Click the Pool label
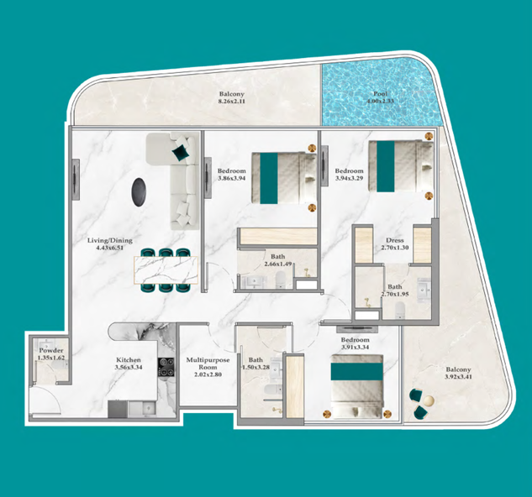380,94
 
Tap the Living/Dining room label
109,240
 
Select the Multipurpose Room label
208,364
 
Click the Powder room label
51,351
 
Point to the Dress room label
395,240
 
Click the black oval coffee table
139,192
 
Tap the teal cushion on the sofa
180,153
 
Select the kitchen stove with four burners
166,367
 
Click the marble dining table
166,270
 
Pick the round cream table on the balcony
429,401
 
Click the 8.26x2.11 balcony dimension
231,102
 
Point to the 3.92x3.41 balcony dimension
458,377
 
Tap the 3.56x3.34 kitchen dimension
129,367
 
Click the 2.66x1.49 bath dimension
278,264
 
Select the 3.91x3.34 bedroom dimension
356,348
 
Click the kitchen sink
147,408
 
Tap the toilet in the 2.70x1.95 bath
400,310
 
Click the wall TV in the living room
76,180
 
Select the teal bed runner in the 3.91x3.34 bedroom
357,372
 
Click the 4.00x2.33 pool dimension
380,102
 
